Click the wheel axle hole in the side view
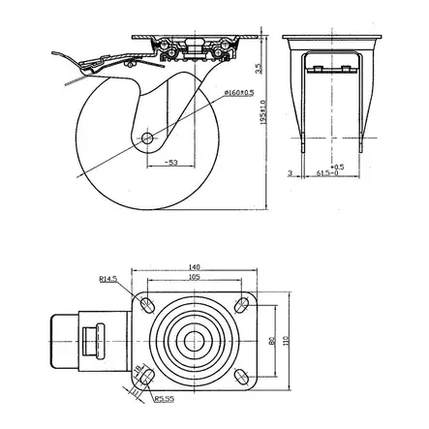click(x=147, y=138)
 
